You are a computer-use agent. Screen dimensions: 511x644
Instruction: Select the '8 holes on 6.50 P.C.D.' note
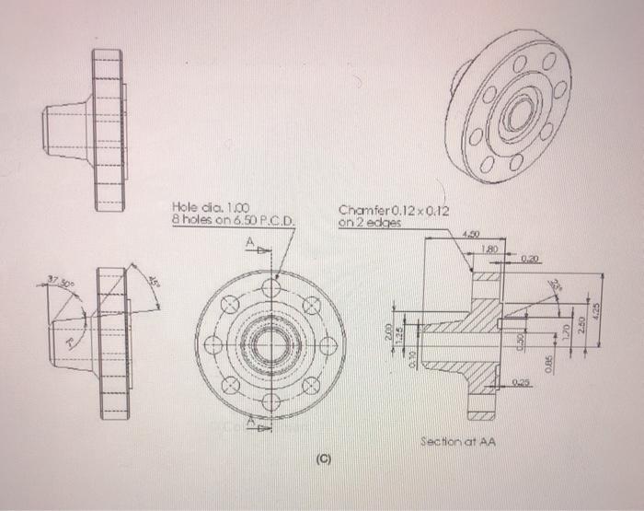(233, 221)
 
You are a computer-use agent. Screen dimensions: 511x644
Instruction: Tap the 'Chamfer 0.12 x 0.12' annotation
(390, 209)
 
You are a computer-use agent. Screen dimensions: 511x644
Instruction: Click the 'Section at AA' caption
(457, 441)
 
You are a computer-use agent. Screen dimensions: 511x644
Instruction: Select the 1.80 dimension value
(489, 249)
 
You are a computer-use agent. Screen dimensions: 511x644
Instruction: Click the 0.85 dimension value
(546, 366)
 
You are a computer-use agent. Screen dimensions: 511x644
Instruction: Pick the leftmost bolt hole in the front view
(213, 345)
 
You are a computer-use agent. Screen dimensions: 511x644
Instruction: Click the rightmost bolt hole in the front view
(328, 345)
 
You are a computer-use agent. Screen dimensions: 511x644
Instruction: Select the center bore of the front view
(270, 345)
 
